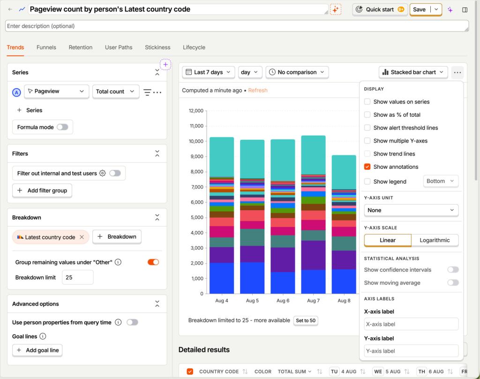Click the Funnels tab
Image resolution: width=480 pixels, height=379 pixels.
(46, 47)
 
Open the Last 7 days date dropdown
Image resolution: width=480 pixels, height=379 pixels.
(209, 72)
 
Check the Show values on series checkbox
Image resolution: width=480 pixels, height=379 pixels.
(367, 102)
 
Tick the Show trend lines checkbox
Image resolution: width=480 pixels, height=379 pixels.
(367, 154)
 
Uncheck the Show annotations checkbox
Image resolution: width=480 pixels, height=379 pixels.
(367, 167)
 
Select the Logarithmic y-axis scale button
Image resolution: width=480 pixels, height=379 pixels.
(435, 240)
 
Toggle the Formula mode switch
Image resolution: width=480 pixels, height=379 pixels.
(62, 127)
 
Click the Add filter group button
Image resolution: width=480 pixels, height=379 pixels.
(42, 190)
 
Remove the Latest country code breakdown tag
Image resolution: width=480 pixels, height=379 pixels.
(82, 237)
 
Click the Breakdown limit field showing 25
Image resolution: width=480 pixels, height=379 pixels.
(78, 278)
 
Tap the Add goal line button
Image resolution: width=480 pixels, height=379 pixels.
(37, 350)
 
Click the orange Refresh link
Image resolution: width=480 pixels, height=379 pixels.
(258, 91)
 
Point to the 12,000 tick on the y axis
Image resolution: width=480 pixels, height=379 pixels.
(196, 111)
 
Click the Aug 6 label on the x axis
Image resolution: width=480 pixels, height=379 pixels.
(283, 301)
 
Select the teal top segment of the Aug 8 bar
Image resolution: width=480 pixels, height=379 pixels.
(344, 172)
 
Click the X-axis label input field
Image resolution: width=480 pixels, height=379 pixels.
(411, 324)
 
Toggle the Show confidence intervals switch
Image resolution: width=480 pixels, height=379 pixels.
(453, 270)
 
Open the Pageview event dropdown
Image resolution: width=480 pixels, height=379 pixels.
(56, 91)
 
